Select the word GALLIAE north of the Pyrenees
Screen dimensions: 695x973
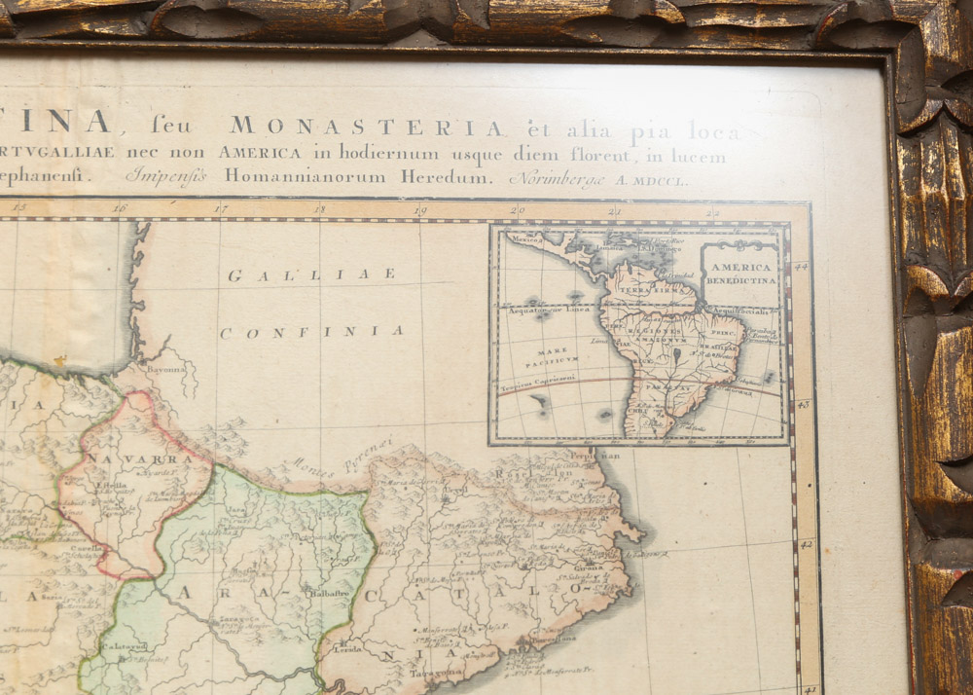tap(311, 274)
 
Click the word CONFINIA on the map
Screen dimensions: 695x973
tap(311, 332)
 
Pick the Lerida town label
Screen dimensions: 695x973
tap(349, 648)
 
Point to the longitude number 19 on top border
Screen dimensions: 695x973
tap(418, 208)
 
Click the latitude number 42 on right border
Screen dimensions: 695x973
tap(805, 545)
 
